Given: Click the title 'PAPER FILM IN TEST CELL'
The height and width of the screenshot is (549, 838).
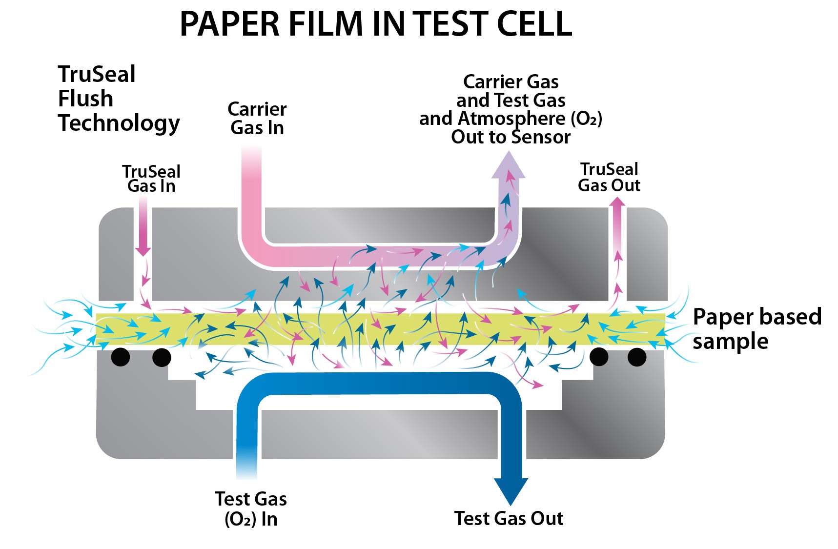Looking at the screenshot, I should [x=376, y=23].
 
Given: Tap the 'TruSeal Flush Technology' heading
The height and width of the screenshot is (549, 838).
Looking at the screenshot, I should [x=119, y=99].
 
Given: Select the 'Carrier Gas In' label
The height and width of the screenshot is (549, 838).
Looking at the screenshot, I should [x=257, y=118].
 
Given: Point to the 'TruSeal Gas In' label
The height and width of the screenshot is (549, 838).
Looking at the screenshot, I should [x=151, y=179].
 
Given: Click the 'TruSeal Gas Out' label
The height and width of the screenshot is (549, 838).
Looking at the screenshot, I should [x=609, y=177].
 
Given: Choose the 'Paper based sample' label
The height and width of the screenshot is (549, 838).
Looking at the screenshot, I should [x=756, y=328].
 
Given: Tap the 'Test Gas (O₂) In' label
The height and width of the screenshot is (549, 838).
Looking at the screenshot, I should [x=251, y=508].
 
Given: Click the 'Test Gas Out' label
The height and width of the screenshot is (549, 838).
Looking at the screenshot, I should [x=509, y=518].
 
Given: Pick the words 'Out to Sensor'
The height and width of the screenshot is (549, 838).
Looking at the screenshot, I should [x=511, y=137].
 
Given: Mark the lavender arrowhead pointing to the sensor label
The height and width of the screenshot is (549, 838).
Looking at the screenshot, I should [x=508, y=166].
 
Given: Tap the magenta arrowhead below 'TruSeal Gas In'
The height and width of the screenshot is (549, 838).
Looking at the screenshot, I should [x=143, y=249].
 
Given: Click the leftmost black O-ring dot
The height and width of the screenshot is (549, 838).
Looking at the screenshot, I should [x=121, y=357].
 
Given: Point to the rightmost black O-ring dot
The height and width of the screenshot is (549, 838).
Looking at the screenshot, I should [x=636, y=357].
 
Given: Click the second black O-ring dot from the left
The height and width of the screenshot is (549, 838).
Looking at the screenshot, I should [x=162, y=357].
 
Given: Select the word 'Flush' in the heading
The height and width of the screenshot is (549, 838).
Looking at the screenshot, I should [x=85, y=99].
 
